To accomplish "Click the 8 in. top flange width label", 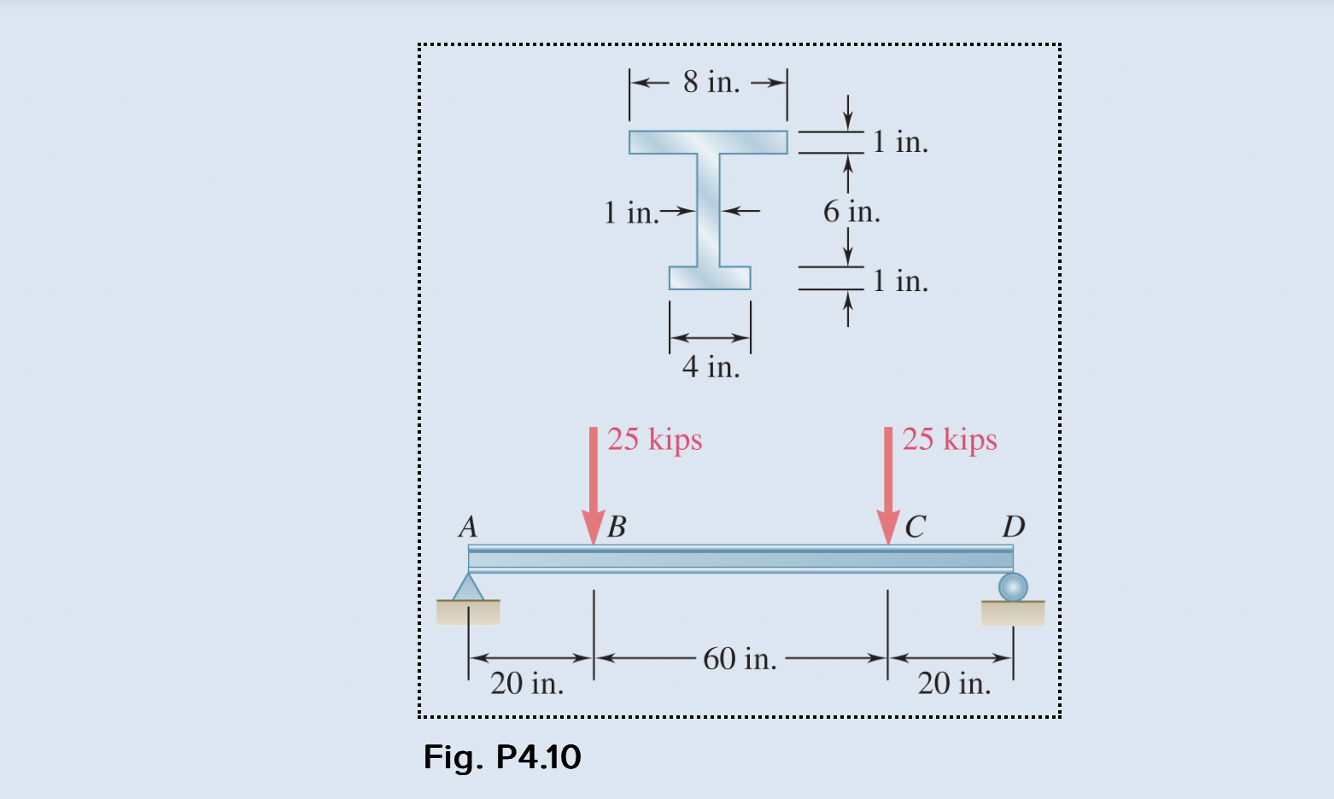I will [x=711, y=82].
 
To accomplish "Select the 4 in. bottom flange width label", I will [x=711, y=366].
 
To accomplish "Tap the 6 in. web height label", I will [x=851, y=211].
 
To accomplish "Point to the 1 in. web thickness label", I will [x=630, y=212].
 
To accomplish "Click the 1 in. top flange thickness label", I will [x=900, y=142].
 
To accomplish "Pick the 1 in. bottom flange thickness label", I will [x=900, y=280].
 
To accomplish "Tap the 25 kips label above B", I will [x=655, y=439].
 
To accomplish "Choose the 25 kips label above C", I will [x=950, y=439].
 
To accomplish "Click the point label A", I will [x=468, y=526].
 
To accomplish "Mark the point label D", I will [x=1014, y=526].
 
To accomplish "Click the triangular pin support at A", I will [x=468, y=588].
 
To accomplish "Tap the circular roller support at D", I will [x=1013, y=587].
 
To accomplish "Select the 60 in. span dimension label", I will [x=740, y=658].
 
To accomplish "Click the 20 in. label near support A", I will [x=527, y=683].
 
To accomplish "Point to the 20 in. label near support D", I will [x=954, y=683].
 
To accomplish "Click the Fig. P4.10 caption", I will [x=502, y=757].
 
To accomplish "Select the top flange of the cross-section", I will [x=708, y=142].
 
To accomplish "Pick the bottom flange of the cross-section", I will [x=710, y=278].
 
